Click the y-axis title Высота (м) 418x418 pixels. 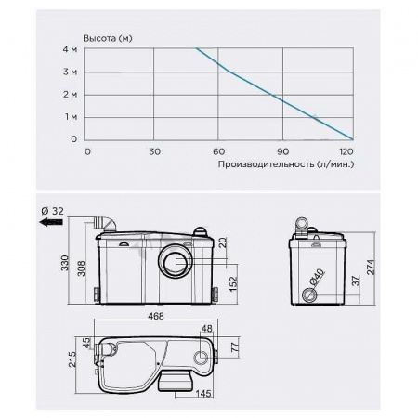pyautogui.click(x=108, y=38)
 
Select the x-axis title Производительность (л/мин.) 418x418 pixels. pyautogui.click(x=286, y=164)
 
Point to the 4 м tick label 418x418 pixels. pyautogui.click(x=70, y=49)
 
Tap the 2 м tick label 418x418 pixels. pyautogui.click(x=70, y=95)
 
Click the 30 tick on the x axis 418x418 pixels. pyautogui.click(x=154, y=151)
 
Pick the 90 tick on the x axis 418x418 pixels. pyautogui.click(x=282, y=151)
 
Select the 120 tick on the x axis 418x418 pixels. pyautogui.click(x=346, y=151)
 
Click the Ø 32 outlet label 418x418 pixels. pyautogui.click(x=52, y=211)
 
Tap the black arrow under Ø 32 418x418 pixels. pyautogui.click(x=51, y=222)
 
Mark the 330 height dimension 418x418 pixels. pyautogui.click(x=65, y=263)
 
